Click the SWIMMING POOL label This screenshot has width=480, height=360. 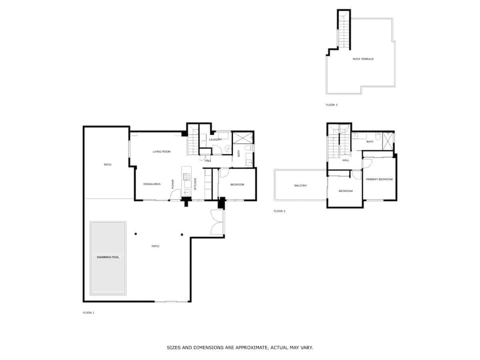(108, 257)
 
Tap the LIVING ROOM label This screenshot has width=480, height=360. (162, 152)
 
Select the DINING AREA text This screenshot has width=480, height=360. (152, 184)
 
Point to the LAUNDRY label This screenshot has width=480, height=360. (215, 140)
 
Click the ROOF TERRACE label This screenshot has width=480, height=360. (363, 59)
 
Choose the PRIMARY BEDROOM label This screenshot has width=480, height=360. (379, 179)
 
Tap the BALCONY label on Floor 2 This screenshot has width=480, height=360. (300, 186)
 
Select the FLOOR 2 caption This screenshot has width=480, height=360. (280, 211)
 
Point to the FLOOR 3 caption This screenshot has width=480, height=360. (332, 105)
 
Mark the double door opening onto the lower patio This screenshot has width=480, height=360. (217, 222)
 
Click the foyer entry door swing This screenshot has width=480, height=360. (175, 195)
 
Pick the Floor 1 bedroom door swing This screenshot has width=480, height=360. (224, 173)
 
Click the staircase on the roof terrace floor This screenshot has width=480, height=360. (344, 30)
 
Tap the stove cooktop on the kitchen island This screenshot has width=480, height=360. (186, 176)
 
